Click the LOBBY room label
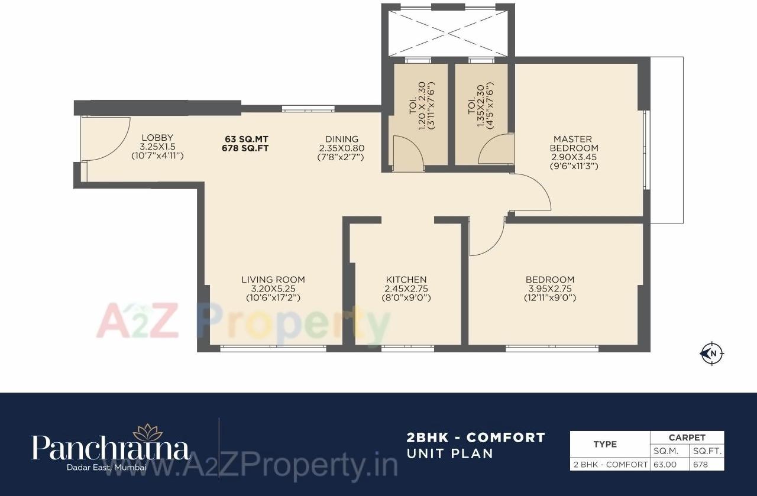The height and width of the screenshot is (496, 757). coord(157,138)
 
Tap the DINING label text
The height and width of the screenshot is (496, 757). coord(341,140)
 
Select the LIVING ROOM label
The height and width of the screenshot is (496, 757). coord(273,280)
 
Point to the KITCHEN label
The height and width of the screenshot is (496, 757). coord(406,280)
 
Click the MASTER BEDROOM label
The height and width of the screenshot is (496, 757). coord(574,144)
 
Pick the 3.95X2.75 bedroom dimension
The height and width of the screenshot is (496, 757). coord(550,289)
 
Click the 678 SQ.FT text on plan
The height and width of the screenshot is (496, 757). coord(245,148)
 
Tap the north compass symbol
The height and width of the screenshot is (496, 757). coord(713,354)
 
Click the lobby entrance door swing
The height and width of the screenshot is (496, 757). coord(107,139)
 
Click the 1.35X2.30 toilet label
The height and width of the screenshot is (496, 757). coord(480,106)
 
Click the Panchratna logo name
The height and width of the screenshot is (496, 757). coord(111,449)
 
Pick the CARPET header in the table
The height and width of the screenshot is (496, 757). coord(687,437)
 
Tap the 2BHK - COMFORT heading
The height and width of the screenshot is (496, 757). coord(475,438)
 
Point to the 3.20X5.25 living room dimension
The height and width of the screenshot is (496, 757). coord(273,289)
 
